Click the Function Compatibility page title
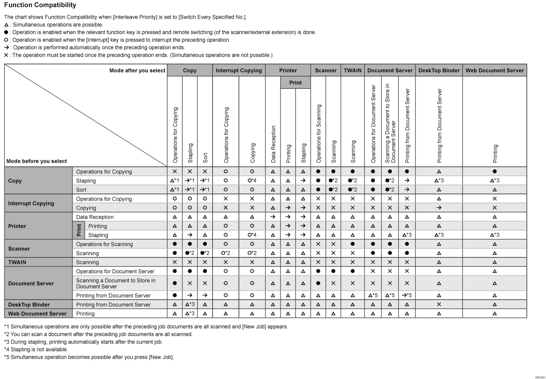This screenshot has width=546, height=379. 40,5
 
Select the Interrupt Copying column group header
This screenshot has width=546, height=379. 238,70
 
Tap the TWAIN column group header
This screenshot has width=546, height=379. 353,70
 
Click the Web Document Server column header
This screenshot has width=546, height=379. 495,70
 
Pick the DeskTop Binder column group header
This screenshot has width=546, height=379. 439,70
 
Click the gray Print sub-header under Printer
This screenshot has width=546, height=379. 295,83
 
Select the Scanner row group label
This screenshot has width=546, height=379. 19,249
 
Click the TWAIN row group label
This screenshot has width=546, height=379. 17,262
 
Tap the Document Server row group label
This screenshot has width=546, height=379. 31,284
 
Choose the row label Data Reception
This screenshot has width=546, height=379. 95,217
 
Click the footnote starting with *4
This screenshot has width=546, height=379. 36,350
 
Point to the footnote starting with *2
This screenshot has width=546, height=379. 98,334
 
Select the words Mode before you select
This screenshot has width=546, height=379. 37,161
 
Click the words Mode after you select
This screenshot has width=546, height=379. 137,70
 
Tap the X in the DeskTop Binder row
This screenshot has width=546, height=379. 439,305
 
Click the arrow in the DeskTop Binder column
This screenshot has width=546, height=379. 439,208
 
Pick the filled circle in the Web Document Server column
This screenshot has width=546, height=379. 495,172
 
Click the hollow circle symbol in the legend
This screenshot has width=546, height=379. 6,40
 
